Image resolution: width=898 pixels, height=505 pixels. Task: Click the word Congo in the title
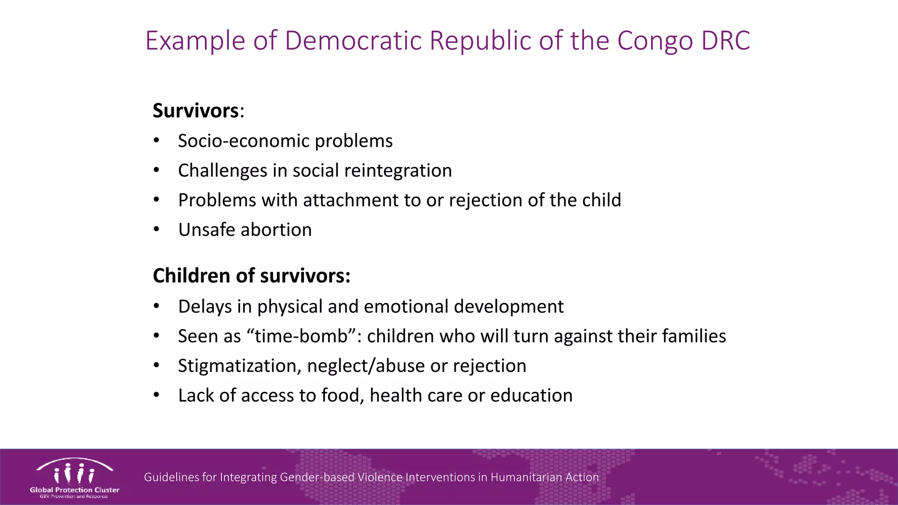click(655, 41)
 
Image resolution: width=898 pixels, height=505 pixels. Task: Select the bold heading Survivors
click(196, 110)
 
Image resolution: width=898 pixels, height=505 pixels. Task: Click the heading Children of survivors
click(251, 276)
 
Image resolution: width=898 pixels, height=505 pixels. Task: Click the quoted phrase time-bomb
click(301, 336)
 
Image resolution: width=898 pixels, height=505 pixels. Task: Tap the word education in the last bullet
click(531, 395)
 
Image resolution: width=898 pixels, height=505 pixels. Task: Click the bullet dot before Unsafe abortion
click(157, 230)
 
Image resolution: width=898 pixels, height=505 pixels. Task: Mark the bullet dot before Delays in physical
click(157, 306)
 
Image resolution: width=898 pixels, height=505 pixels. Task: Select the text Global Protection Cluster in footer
click(75, 490)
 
